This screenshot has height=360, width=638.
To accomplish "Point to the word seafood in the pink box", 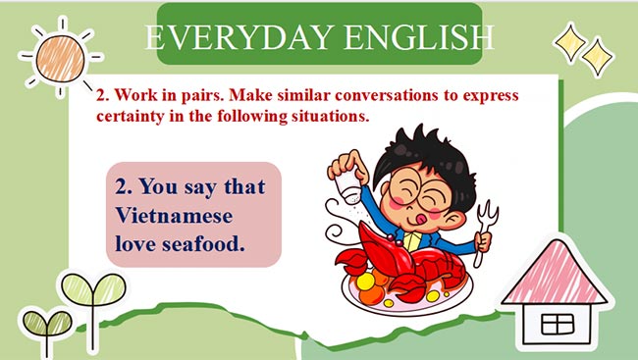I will coord(201,240).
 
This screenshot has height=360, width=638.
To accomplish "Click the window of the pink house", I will coord(557,322).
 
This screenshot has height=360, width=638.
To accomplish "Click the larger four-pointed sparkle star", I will coord(569,39).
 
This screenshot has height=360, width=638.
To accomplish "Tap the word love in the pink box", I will coord(137,240).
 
